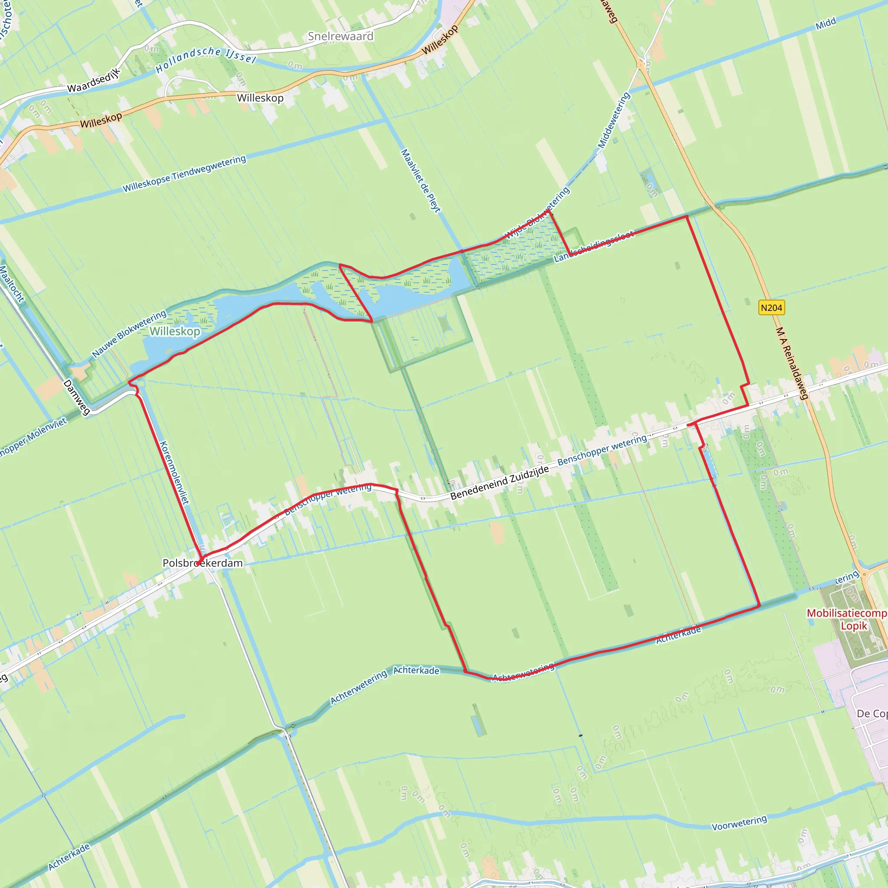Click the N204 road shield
click(x=771, y=308)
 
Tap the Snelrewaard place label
click(x=340, y=36)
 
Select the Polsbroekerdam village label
click(x=202, y=563)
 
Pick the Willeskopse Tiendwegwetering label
click(x=184, y=174)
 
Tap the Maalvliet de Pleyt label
click(x=421, y=180)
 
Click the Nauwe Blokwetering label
click(x=129, y=334)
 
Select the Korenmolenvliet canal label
click(x=174, y=472)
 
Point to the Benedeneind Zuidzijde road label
click(x=499, y=482)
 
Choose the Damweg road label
click(x=77, y=397)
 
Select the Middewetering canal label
click(x=614, y=121)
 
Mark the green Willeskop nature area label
click(x=175, y=331)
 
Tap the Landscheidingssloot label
click(x=594, y=247)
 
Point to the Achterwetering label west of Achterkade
click(x=359, y=688)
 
